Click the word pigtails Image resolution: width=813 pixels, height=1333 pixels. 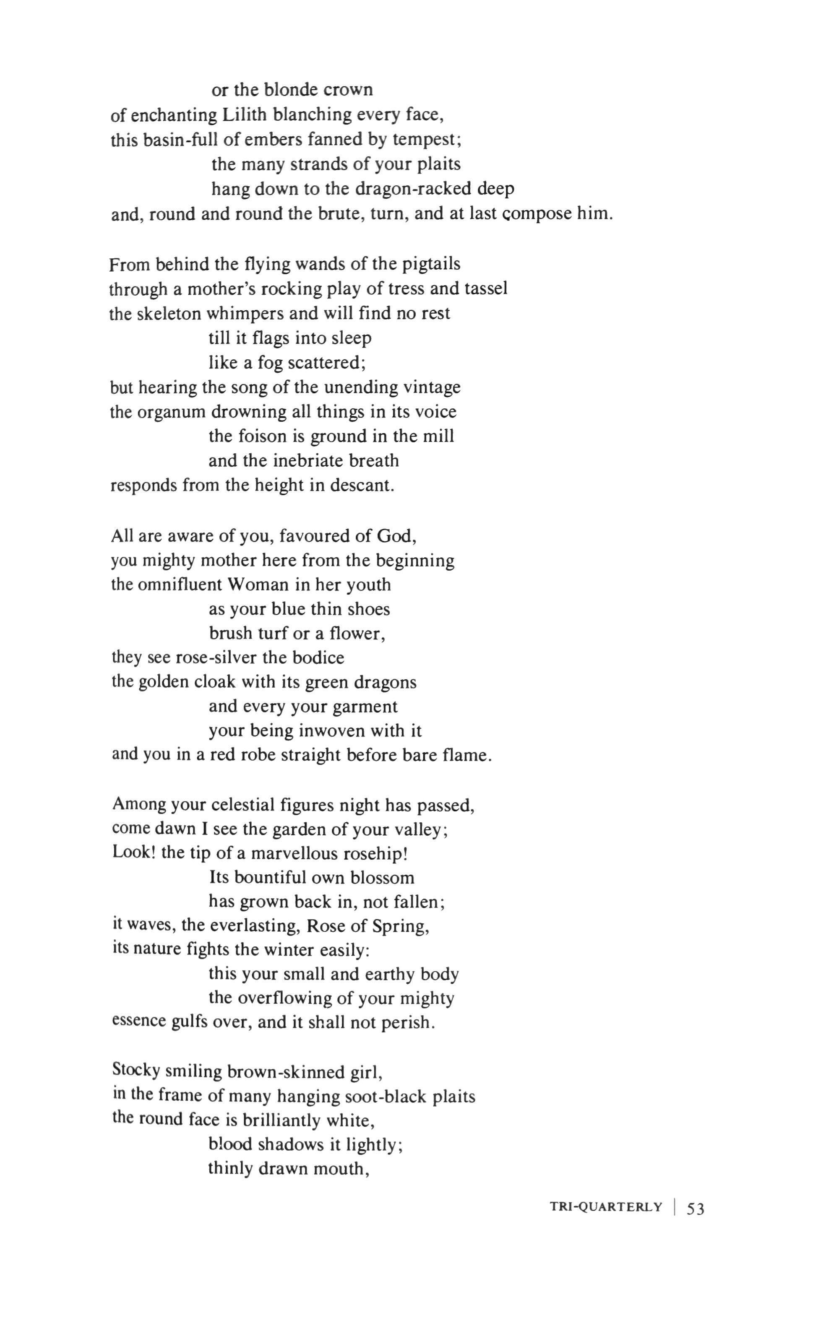point(431,264)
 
